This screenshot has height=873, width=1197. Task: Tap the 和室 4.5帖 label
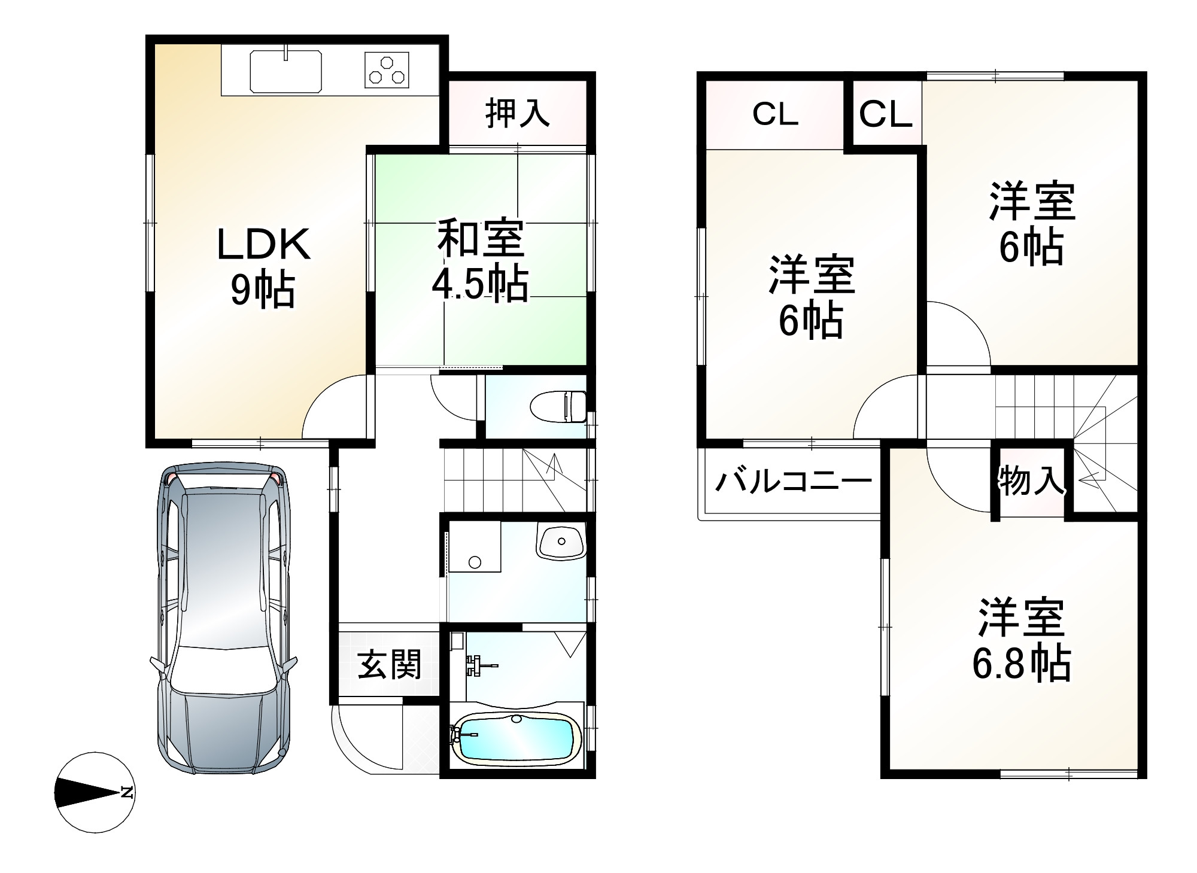(481, 261)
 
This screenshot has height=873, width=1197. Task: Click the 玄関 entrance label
(390, 664)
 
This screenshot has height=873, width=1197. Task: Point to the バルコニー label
(793, 480)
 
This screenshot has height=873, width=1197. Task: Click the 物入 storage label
(1031, 480)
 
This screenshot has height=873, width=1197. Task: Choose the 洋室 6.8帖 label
(1021, 640)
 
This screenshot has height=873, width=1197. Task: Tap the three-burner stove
(387, 70)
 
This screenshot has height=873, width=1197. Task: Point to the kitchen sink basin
(285, 71)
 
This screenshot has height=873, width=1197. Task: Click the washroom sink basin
(561, 542)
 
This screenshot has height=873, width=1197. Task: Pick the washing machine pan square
(475, 546)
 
